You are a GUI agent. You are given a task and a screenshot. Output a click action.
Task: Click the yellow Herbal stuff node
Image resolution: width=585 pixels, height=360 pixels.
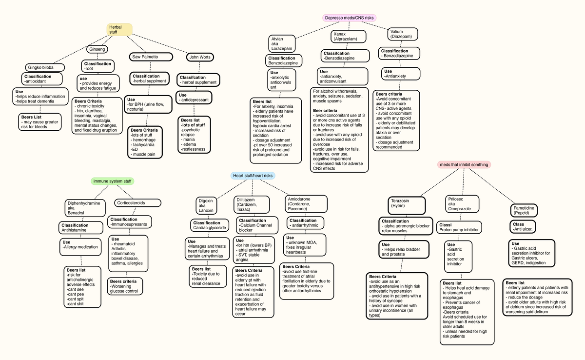pos(119,29)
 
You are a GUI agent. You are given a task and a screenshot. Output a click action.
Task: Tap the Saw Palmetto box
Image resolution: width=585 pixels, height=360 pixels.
pos(151,57)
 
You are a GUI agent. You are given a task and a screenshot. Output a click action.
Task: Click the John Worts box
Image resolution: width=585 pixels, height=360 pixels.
pos(200,57)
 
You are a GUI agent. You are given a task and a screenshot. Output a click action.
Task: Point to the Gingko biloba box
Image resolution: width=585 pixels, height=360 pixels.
pos(43,67)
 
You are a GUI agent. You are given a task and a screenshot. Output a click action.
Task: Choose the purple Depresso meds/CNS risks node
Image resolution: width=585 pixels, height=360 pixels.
pos(349,18)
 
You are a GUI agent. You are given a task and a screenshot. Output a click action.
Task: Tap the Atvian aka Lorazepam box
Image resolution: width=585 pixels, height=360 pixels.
pos(282,43)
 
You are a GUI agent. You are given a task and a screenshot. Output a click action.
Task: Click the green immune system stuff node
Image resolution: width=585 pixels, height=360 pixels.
pos(113,181)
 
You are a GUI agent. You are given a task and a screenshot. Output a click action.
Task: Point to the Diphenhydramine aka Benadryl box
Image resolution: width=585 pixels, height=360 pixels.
pos(83,208)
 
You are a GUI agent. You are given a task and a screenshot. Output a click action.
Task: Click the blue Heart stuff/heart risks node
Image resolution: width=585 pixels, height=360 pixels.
pos(253,176)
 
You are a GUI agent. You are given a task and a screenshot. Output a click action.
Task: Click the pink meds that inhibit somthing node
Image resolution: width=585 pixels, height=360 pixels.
pos(464,164)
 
